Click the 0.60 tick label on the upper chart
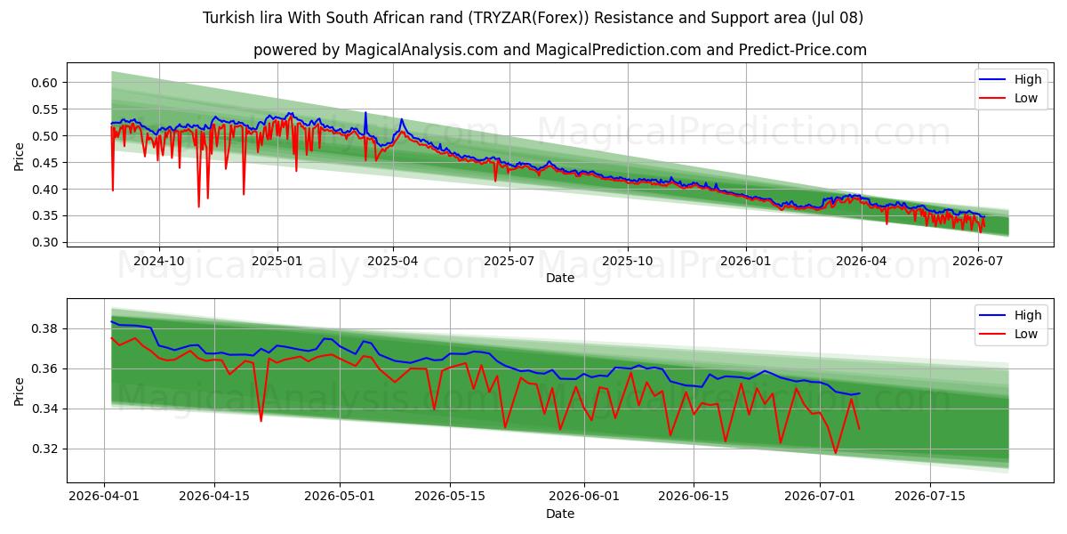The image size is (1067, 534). pos(44,83)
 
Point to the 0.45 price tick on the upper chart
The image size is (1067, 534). pos(44,163)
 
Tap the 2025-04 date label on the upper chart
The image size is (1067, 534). pos(393,262)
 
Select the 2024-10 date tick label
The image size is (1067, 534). pos(158,262)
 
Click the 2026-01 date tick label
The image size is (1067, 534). pos(745,262)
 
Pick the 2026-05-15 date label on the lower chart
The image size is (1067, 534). pos(450,497)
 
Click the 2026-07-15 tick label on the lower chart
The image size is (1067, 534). pos(930,497)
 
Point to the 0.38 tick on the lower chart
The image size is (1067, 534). pos(44,329)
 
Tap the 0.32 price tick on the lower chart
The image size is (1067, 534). pos(44,449)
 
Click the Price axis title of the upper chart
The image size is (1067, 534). pos(19,157)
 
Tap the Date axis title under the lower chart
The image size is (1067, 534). pos(559,514)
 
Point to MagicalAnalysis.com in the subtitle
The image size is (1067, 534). pos(421,50)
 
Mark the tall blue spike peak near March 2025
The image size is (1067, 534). pos(365,112)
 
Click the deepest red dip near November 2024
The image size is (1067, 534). pos(198,206)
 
